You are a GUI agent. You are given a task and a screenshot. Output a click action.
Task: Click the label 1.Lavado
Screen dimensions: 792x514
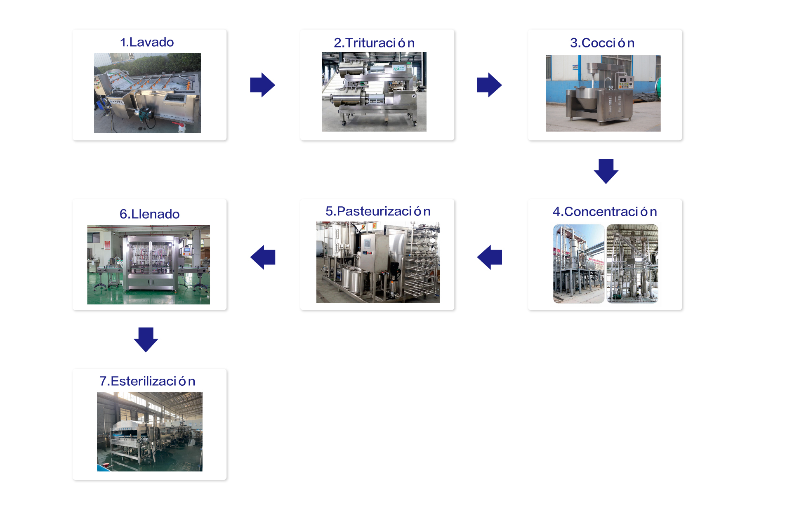click(147, 42)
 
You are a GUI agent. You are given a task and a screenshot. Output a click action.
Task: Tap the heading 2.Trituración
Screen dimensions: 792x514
click(374, 43)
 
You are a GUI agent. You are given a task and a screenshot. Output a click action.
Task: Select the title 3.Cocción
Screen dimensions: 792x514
click(602, 43)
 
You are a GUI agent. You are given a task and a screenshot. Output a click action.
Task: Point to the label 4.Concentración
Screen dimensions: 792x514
click(605, 212)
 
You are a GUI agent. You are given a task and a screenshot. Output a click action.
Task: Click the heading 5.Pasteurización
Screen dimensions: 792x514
click(378, 211)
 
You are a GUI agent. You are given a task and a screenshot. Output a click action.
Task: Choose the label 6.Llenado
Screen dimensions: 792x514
click(149, 214)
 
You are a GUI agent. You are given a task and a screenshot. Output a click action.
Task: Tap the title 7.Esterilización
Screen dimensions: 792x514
click(147, 381)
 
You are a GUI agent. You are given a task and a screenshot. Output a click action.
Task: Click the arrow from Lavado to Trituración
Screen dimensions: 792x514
click(262, 85)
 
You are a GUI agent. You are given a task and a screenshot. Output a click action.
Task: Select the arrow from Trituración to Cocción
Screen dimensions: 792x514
click(489, 85)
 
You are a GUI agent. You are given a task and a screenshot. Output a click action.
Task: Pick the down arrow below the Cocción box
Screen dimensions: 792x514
click(606, 171)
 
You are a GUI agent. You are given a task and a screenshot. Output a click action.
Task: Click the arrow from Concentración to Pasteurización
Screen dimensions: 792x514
click(490, 257)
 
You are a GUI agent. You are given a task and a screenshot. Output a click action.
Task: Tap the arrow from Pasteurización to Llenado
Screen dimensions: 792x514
click(263, 257)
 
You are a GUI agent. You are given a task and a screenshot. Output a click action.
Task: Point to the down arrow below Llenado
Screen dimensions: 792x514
click(146, 340)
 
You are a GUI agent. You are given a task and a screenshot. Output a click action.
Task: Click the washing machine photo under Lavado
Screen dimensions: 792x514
click(147, 93)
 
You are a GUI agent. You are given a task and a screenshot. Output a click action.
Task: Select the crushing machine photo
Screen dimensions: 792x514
click(374, 92)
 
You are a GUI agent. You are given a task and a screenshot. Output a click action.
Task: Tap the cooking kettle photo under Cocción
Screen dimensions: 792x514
click(603, 94)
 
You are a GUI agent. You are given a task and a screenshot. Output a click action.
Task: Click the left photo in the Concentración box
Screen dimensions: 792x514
click(579, 264)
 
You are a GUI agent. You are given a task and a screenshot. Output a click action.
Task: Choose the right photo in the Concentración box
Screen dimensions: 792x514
click(632, 264)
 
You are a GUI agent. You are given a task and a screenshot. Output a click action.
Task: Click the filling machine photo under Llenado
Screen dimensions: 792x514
click(148, 265)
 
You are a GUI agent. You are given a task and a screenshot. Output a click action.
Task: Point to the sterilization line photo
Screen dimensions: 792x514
click(150, 432)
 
